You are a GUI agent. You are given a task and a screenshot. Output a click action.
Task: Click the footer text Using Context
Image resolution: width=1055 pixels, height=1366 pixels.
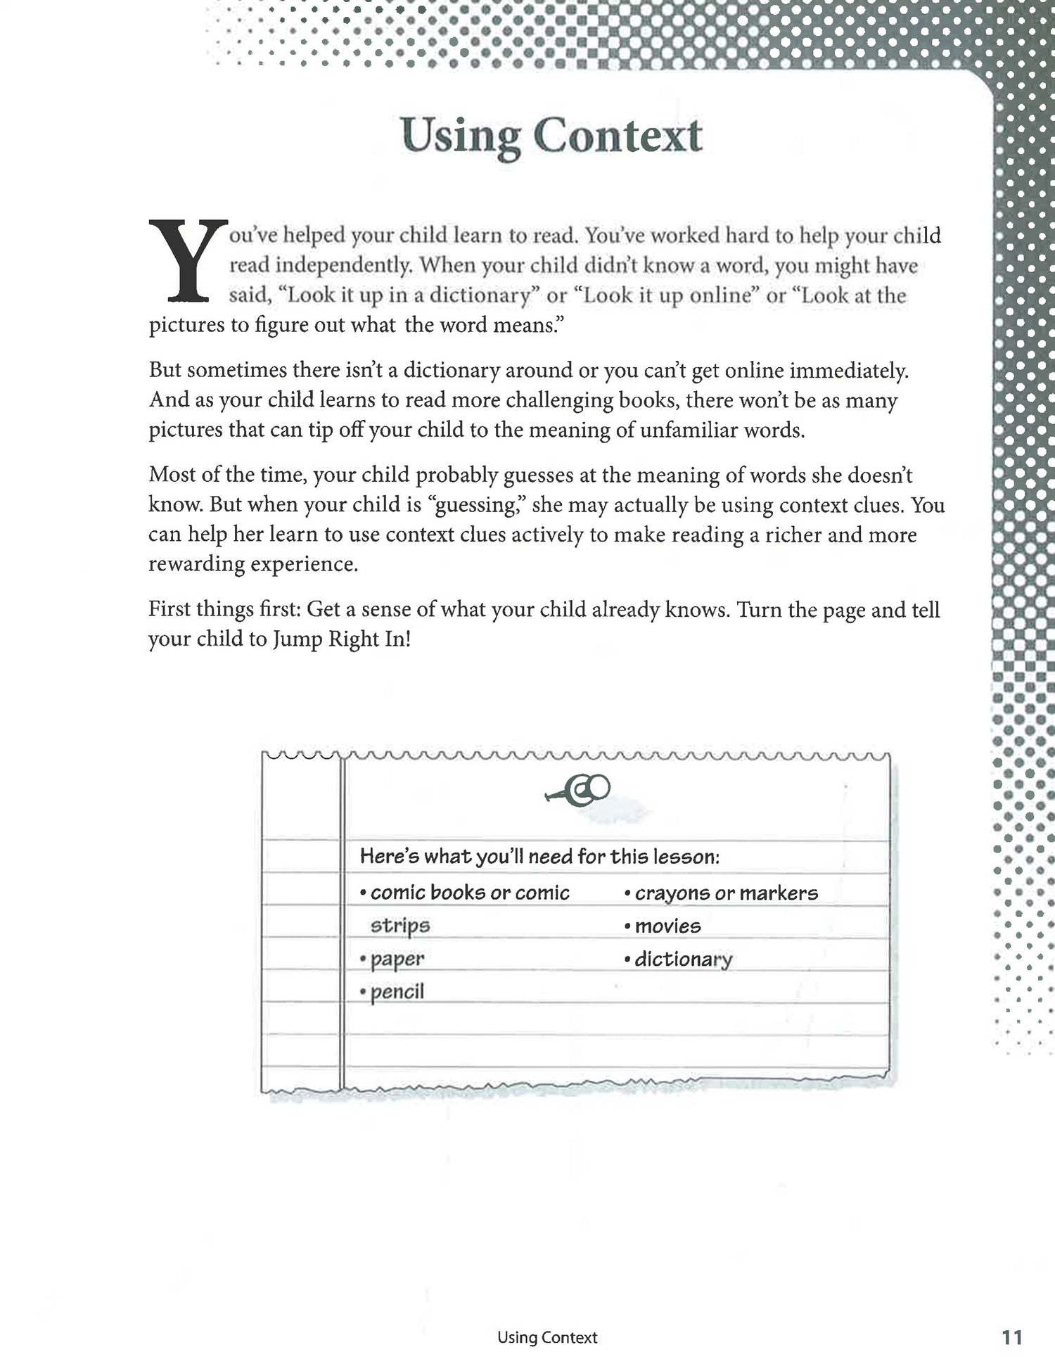pyautogui.click(x=546, y=1318)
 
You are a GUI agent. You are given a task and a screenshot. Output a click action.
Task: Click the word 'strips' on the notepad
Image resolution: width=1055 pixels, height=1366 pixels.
pyautogui.click(x=399, y=926)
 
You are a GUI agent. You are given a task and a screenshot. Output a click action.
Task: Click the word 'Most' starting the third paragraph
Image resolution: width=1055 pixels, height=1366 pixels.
pyautogui.click(x=172, y=475)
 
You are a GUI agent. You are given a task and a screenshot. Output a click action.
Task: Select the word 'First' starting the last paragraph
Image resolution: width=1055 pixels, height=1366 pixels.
pyautogui.click(x=169, y=609)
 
